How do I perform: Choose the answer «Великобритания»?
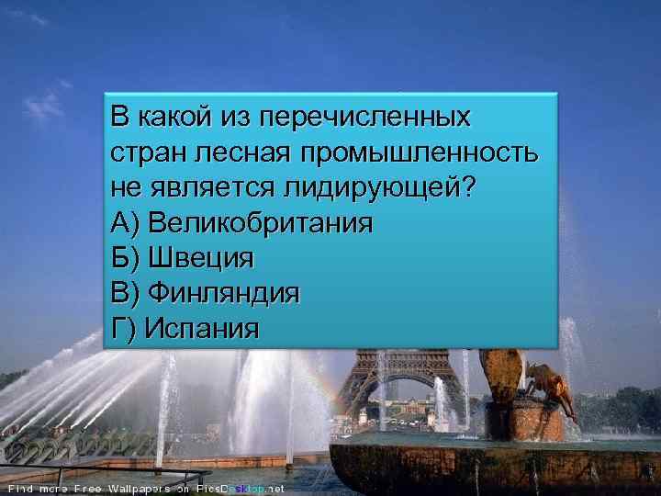tap(260, 223)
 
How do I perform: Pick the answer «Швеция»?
tap(200, 258)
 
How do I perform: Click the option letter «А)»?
tap(124, 223)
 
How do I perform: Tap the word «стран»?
tap(140, 153)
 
